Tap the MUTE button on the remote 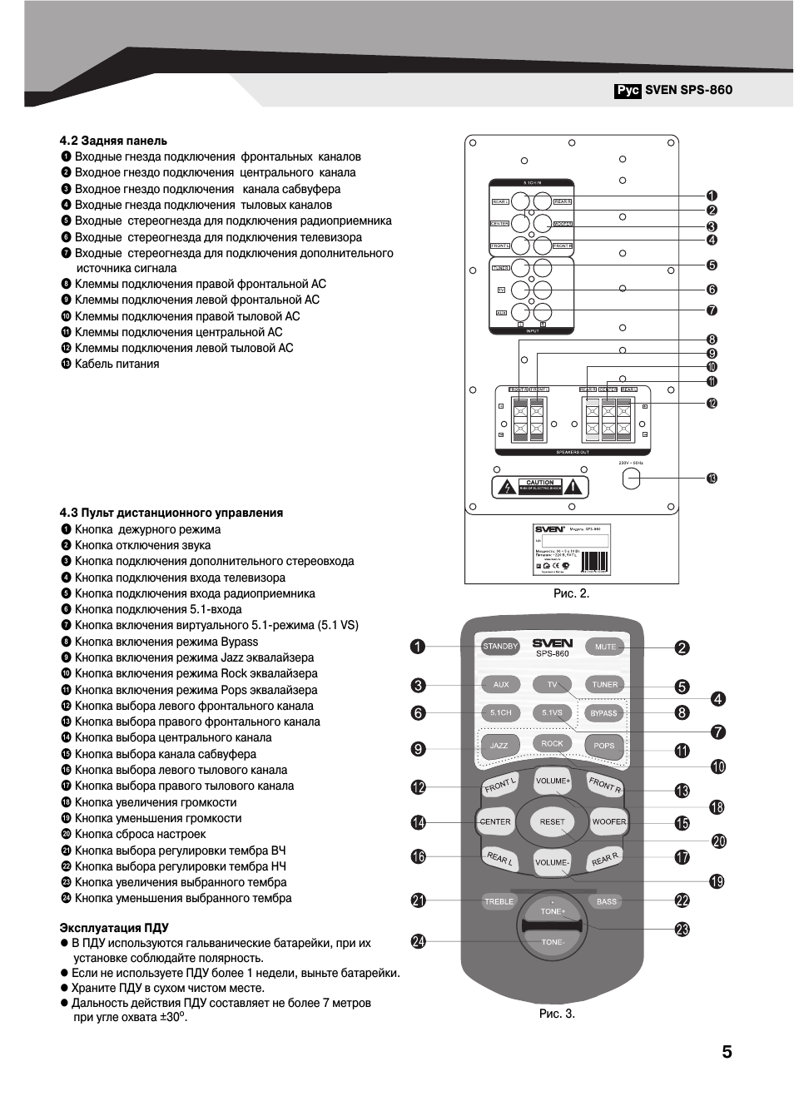pos(605,647)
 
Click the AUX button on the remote pos(500,685)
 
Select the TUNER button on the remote pos(605,685)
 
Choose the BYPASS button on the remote pos(603,713)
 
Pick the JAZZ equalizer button pos(499,746)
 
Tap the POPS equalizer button pos(604,746)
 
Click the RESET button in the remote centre pos(552,822)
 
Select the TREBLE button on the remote pos(499,901)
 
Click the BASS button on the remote pos(607,901)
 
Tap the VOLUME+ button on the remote pos(553,781)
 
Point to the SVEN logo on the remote pos(553,642)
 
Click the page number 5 pos(727,1052)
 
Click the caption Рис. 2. pos(571,593)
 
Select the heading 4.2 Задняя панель pos(113,141)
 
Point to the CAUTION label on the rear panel pos(540,483)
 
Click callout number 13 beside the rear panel pos(712,479)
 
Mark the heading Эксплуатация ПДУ pos(114,927)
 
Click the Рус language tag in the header pos(628,90)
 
